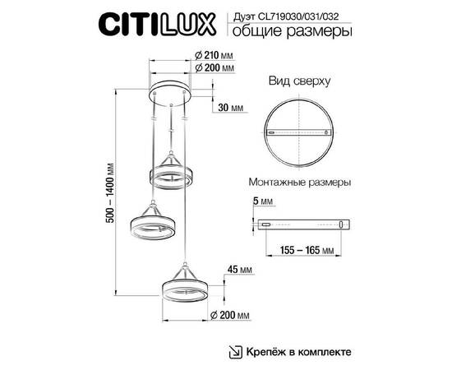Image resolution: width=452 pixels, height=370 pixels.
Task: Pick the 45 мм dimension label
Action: pos(238,269)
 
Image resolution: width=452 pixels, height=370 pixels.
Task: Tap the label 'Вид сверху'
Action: pos(300,82)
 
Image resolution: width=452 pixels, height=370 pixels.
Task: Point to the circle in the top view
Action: pos(300,132)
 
